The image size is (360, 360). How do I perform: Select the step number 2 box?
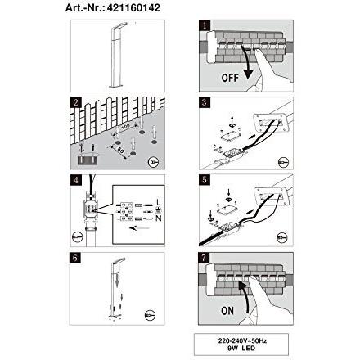point(74,103)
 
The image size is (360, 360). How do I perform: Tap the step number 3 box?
point(205,103)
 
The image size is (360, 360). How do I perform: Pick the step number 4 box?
point(74,180)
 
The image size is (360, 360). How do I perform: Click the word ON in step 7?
point(228,311)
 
